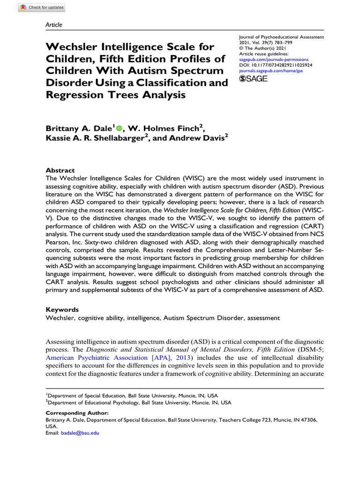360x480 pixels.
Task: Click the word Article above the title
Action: click(x=54, y=25)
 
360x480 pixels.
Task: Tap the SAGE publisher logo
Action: click(x=253, y=79)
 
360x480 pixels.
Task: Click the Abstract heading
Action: click(x=60, y=171)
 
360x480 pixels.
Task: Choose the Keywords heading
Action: click(x=62, y=310)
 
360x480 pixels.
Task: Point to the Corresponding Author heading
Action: click(x=77, y=413)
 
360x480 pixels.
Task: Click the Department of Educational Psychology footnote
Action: click(x=141, y=403)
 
